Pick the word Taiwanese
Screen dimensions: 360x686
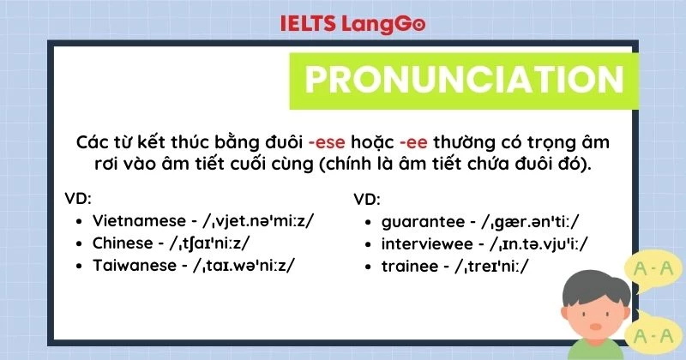click(132, 265)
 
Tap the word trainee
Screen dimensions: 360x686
click(406, 267)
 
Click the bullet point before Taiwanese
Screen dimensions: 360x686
click(79, 266)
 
